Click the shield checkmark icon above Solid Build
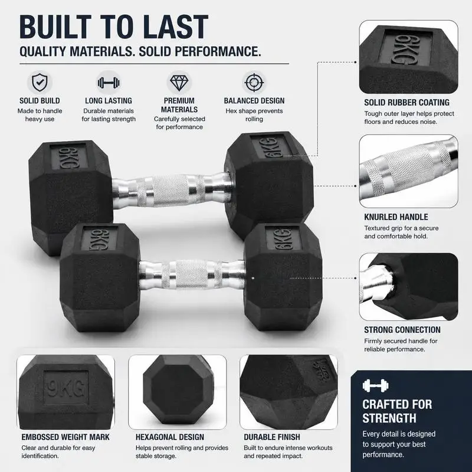[40, 82]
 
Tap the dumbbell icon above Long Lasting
[109, 83]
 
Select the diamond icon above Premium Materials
[179, 83]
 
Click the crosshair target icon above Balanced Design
[254, 83]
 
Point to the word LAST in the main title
[175, 27]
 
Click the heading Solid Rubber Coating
[407, 103]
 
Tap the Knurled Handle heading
[396, 217]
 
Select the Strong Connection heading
[402, 330]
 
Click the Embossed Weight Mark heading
[65, 437]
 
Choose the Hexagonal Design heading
[170, 437]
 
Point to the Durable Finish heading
[272, 437]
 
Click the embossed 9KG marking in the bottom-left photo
[66, 388]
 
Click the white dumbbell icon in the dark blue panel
[375, 386]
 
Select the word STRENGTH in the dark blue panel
[389, 418]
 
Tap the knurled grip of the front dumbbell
[192, 275]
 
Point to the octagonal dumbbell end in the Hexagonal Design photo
[179, 389]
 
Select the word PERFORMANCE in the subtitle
[218, 51]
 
